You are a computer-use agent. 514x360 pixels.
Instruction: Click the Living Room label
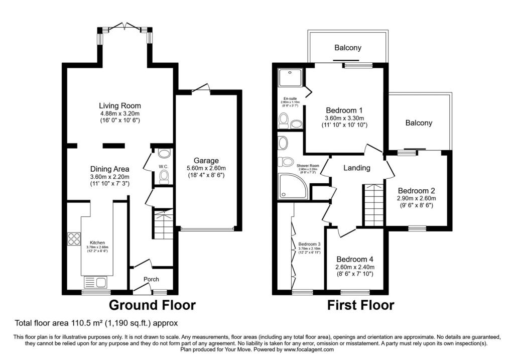119,105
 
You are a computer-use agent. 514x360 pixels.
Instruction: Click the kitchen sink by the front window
95,282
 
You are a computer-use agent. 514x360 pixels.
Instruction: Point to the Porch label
151,279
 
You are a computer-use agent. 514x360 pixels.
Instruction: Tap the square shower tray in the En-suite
289,77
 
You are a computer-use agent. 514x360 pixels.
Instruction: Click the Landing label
356,168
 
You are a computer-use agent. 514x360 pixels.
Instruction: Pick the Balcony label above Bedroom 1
348,48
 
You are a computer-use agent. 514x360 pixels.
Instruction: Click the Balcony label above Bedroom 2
419,123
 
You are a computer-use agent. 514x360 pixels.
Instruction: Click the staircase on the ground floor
163,224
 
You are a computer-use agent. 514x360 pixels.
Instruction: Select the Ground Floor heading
152,305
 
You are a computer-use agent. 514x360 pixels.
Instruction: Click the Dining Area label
110,169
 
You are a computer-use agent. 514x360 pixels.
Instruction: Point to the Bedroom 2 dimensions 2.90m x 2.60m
416,198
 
